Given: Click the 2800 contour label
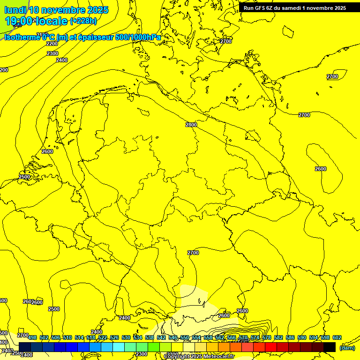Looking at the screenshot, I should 191,125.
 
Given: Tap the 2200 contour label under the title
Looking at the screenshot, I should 52,44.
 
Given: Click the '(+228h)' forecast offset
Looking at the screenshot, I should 83,21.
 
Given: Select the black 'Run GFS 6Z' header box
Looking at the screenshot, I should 295,7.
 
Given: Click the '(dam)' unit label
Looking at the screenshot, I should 347,347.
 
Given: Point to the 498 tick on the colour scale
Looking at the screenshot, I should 32,337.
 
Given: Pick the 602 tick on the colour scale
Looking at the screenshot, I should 337,337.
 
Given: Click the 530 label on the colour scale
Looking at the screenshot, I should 126,337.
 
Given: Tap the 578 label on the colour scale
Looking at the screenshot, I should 266,337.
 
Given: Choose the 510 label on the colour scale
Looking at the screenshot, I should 67,337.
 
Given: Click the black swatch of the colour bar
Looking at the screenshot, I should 330,347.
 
